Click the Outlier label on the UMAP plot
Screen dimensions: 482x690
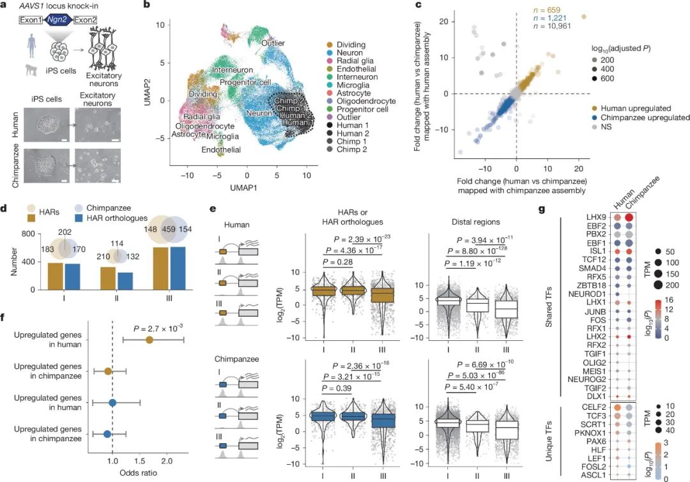click(x=273, y=43)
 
